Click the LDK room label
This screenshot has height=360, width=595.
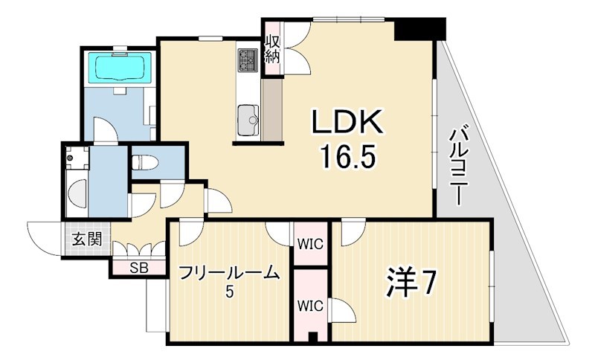tap(347, 122)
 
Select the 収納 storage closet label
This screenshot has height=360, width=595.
tap(272, 49)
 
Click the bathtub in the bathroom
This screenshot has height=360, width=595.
tap(120, 68)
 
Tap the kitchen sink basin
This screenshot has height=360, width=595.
tap(248, 120)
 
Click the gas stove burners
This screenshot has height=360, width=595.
tap(248, 60)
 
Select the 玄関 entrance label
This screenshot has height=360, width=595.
tap(87, 239)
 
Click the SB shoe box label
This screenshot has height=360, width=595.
tap(139, 268)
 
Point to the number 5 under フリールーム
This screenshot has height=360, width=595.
tap(229, 292)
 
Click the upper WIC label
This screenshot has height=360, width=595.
tap(310, 244)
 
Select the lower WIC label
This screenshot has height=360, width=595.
tap(310, 306)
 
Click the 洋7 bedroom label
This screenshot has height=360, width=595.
tap(411, 283)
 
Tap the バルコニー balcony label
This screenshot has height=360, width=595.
tap(458, 166)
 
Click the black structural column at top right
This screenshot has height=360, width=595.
tap(419, 28)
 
